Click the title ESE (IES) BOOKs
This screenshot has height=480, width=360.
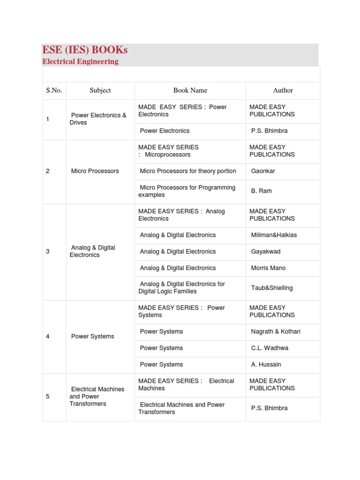point(85,50)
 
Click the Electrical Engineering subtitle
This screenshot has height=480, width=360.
point(80,61)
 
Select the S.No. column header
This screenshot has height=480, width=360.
point(54,90)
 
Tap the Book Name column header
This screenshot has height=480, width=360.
point(190,90)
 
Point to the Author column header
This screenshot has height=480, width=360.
point(283,90)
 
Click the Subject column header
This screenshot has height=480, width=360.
point(100,90)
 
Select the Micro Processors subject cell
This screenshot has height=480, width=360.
point(95,171)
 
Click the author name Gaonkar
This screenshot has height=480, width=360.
point(263,171)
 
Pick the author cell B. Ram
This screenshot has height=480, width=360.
point(261,191)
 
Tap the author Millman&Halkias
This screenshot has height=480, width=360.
point(274,235)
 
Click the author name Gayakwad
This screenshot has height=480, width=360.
point(266,252)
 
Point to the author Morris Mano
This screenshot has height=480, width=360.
point(268,268)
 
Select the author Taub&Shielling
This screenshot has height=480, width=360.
point(272,288)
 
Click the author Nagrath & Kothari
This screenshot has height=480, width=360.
point(276,332)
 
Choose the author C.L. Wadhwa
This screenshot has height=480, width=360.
point(269,348)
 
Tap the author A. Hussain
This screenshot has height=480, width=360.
point(266,365)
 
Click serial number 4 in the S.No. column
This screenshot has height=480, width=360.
point(48,337)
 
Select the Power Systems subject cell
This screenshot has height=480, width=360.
point(92,337)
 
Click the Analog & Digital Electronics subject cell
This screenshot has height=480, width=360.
point(92,251)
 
